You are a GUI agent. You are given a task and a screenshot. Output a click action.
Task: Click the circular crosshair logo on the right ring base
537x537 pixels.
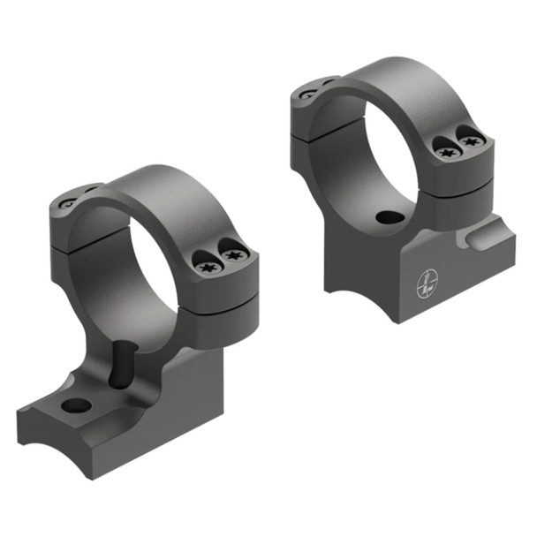pyautogui.click(x=427, y=284)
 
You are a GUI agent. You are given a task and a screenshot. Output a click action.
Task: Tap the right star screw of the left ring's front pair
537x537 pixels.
pyautogui.click(x=232, y=256)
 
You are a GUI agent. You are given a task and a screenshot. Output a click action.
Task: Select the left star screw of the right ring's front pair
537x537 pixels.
pyautogui.click(x=449, y=153)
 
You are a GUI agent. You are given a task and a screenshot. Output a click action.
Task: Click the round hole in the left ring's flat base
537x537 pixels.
pyautogui.click(x=78, y=405)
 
